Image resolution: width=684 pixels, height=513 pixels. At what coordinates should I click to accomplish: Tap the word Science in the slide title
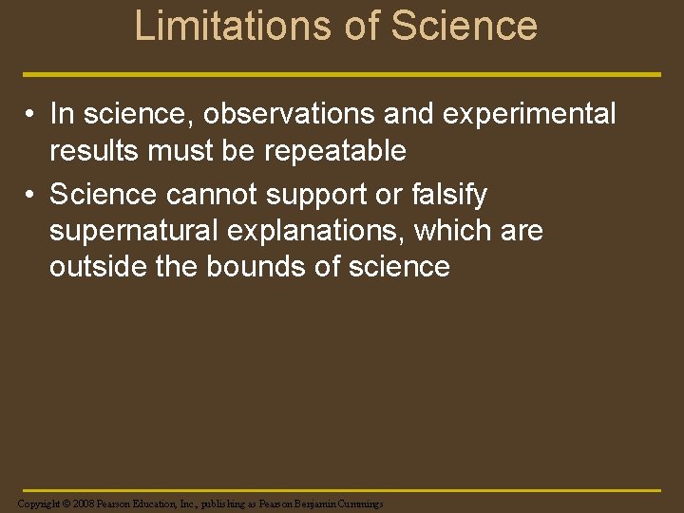(464, 27)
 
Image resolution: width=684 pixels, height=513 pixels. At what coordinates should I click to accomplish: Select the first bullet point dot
(31, 115)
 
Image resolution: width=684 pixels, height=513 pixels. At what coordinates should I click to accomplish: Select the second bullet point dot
(31, 196)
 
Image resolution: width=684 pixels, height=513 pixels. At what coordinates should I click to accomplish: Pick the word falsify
(454, 195)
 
